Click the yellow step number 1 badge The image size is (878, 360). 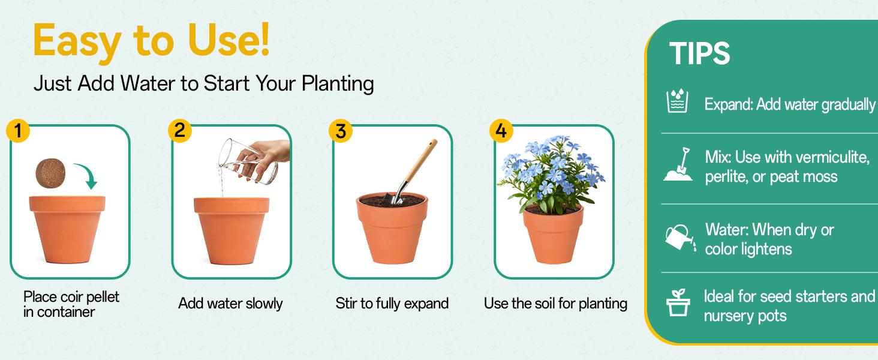(18, 131)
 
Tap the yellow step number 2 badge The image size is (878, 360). (179, 131)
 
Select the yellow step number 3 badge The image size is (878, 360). (341, 131)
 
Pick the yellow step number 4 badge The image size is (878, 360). (501, 131)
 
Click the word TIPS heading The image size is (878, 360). (699, 54)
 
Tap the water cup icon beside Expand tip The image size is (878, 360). (677, 102)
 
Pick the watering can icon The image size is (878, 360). (679, 238)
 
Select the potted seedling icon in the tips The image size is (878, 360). (678, 303)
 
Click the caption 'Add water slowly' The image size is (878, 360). (230, 304)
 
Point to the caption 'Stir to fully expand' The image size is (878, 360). (392, 304)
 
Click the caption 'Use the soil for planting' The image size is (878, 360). (555, 304)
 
